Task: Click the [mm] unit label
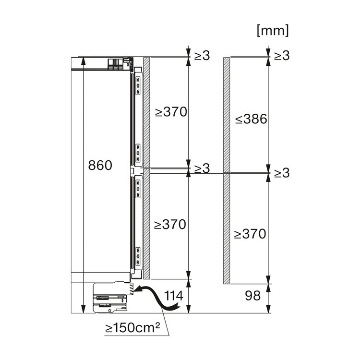(x=273, y=31)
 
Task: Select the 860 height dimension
(x=100, y=165)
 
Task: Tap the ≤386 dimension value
(x=251, y=119)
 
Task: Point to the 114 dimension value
(x=174, y=296)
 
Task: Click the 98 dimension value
(x=253, y=296)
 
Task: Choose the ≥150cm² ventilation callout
(x=132, y=328)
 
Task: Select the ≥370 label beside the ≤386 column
(x=250, y=234)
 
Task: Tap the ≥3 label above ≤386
(x=282, y=56)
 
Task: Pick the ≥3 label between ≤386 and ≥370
(x=282, y=173)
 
